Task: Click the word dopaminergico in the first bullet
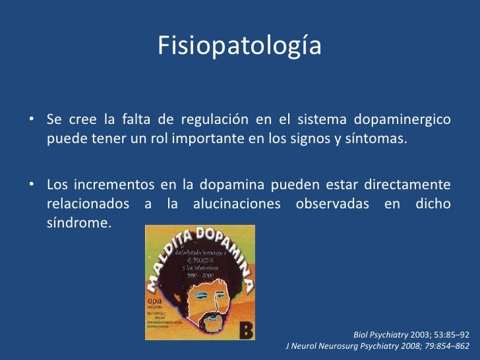coord(402,120)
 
